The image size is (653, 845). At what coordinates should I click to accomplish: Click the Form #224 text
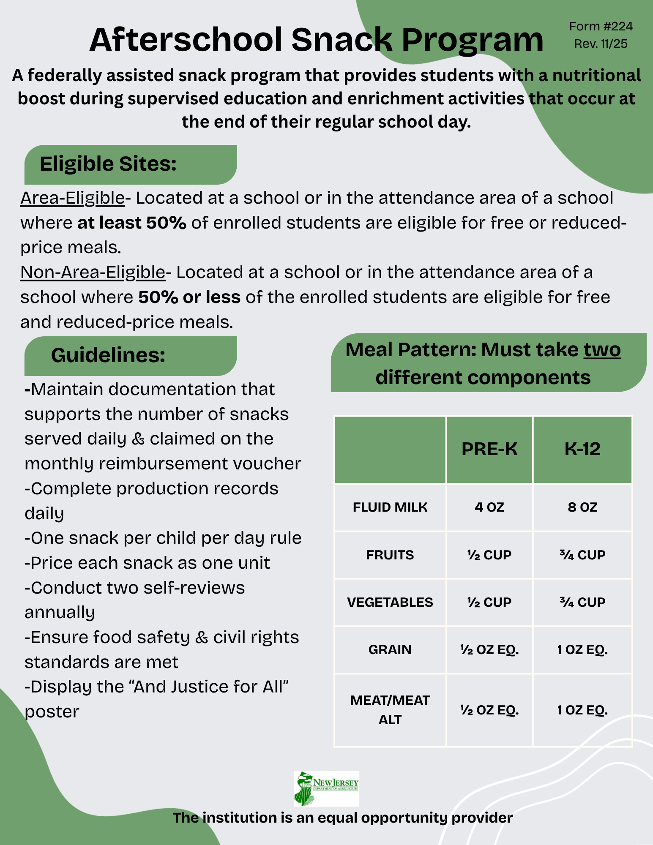pyautogui.click(x=601, y=27)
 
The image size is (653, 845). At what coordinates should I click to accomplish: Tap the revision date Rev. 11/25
pyautogui.click(x=601, y=44)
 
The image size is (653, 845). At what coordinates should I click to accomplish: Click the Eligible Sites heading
pyautogui.click(x=108, y=164)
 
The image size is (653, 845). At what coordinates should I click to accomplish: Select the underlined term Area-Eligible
pyautogui.click(x=72, y=198)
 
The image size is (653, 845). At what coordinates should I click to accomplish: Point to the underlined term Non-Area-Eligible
pyautogui.click(x=93, y=273)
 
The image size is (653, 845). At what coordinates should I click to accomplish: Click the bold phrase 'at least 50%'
pyautogui.click(x=132, y=223)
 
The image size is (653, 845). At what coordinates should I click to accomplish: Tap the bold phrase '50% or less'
pyautogui.click(x=189, y=297)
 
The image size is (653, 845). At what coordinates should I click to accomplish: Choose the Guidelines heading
pyautogui.click(x=108, y=355)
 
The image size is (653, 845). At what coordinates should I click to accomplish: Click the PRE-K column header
pyautogui.click(x=489, y=449)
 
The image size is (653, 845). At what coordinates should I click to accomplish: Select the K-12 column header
pyautogui.click(x=582, y=449)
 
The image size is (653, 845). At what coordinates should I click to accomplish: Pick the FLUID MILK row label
pyautogui.click(x=390, y=507)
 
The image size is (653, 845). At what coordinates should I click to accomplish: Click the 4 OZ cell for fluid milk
pyautogui.click(x=489, y=507)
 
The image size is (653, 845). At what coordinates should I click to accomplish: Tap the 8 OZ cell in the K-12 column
pyautogui.click(x=582, y=507)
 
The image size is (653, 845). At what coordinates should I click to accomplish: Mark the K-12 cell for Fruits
pyautogui.click(x=582, y=555)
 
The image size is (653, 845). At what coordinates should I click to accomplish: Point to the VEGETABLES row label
pyautogui.click(x=390, y=602)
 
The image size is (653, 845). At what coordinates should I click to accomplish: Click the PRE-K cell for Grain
pyautogui.click(x=489, y=649)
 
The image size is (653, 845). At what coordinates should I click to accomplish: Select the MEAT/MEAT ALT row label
pyautogui.click(x=390, y=710)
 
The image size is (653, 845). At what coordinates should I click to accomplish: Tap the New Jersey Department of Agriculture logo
pyautogui.click(x=326, y=788)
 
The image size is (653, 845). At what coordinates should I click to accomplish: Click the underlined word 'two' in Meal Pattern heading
pyautogui.click(x=602, y=350)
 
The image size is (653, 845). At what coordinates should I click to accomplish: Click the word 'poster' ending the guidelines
pyautogui.click(x=52, y=712)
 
